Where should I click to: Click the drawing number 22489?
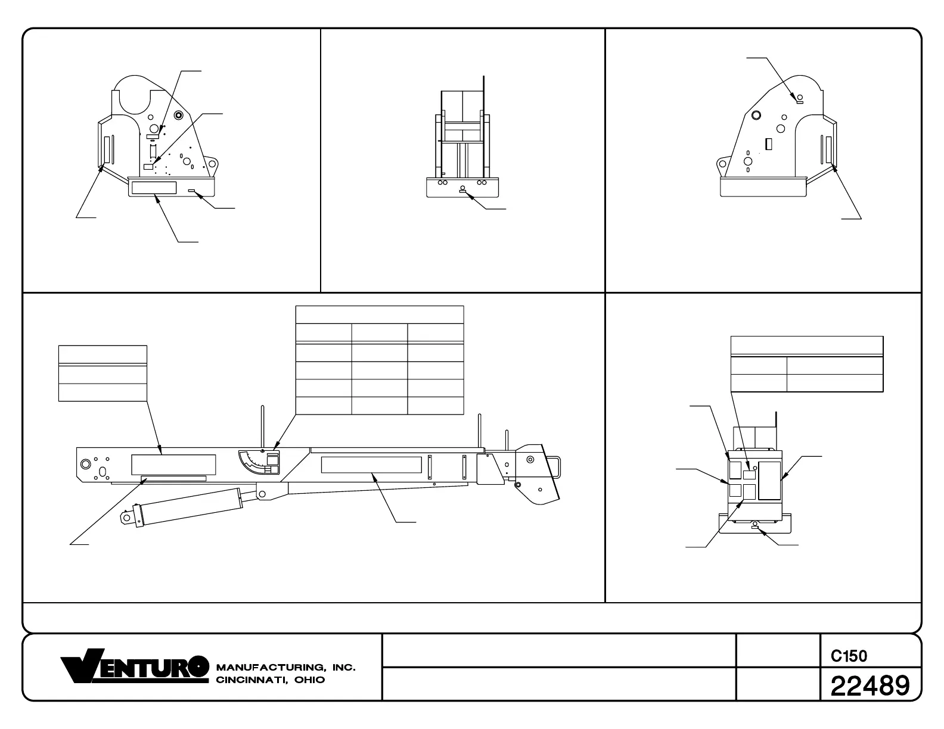click(x=870, y=686)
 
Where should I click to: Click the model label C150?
click(x=849, y=656)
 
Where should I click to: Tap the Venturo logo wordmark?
click(x=135, y=666)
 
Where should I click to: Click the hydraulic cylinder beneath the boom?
click(x=191, y=506)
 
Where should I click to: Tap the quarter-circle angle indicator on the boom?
click(x=253, y=462)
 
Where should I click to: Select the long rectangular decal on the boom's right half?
click(x=372, y=465)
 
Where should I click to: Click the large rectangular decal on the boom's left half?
click(x=173, y=465)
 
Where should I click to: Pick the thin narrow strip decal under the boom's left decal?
click(x=173, y=478)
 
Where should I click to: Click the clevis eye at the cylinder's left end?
click(x=127, y=518)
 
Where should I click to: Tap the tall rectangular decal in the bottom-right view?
click(x=769, y=480)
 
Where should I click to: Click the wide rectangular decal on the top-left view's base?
click(x=154, y=188)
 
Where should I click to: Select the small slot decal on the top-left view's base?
click(x=192, y=191)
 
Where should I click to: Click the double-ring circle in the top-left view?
click(x=178, y=115)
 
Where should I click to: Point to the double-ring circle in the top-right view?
click(x=756, y=115)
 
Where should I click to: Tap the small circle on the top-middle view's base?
click(x=462, y=188)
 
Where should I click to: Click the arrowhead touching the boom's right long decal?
click(x=374, y=475)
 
